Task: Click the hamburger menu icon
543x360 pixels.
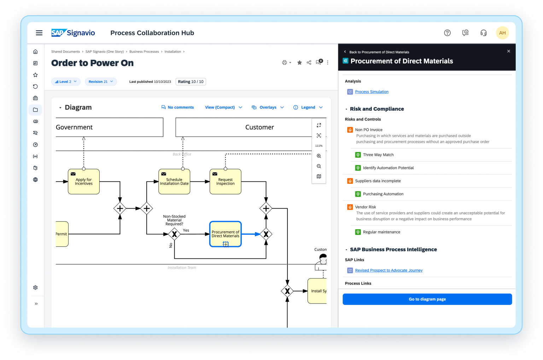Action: [39, 33]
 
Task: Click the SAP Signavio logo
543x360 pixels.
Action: [73, 33]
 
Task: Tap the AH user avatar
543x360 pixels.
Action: [502, 33]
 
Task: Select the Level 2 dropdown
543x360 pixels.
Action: [66, 82]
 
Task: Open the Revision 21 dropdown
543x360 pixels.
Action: [101, 82]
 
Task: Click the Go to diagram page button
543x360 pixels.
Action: [427, 299]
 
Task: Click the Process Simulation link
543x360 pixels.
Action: [372, 92]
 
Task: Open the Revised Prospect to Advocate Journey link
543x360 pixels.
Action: [389, 271]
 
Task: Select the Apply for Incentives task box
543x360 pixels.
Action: [84, 181]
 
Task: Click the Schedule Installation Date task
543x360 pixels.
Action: [174, 181]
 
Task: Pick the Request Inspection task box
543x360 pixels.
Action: [226, 181]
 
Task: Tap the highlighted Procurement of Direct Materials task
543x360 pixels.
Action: [226, 234]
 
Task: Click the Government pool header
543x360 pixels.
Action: [109, 127]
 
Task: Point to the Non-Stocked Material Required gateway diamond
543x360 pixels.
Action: [174, 234]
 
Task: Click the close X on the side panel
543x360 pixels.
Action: [509, 51]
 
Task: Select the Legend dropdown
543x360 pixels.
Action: [308, 108]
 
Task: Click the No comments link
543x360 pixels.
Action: [177, 108]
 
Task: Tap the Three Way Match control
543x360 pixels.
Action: [378, 155]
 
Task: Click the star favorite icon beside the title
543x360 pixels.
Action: [299, 63]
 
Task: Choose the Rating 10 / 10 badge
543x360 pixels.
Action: [191, 82]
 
